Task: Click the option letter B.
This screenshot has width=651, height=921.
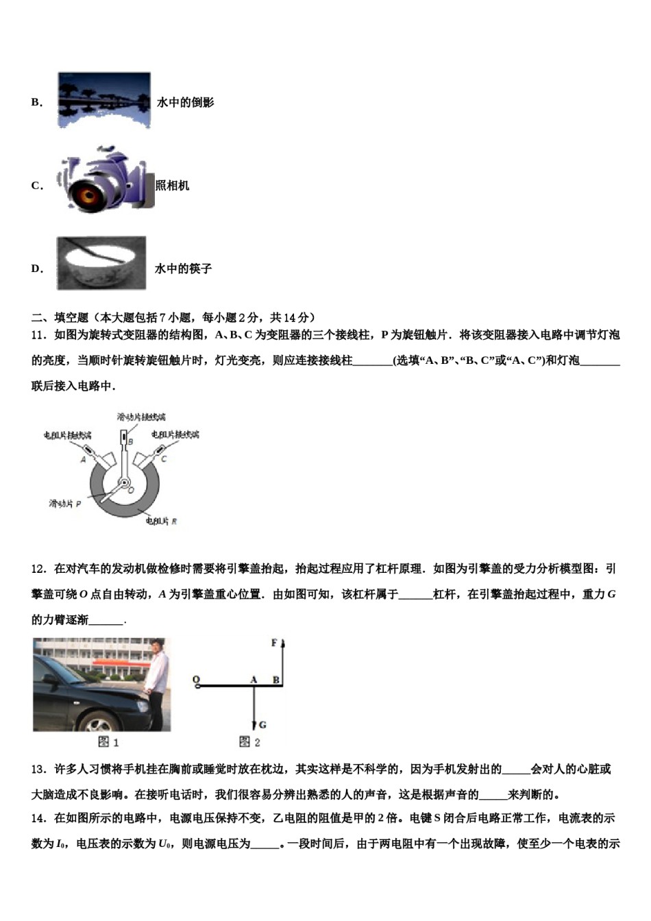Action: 36,103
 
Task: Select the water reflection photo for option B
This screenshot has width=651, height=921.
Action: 103,101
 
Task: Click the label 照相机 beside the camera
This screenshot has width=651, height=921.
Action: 173,186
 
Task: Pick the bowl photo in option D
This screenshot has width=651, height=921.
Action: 101,263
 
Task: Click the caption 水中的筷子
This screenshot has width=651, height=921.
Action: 183,269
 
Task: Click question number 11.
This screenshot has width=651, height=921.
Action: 38,335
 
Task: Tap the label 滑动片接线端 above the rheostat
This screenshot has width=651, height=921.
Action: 141,417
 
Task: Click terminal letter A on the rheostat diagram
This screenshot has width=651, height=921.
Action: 84,459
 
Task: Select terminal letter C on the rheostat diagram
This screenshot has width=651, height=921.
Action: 164,458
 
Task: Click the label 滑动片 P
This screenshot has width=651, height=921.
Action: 64,504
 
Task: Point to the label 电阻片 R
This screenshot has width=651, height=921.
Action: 161,521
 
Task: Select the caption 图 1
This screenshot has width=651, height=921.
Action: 108,742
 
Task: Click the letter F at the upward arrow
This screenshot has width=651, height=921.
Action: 274,643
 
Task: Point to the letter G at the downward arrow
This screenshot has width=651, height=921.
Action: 262,724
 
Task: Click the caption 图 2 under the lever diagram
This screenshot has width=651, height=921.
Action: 249,742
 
